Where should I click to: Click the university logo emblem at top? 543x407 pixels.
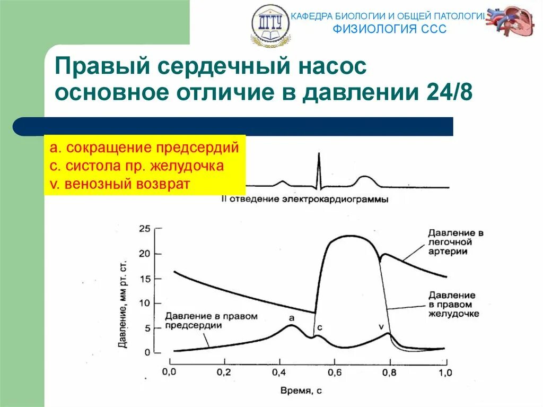point(271,25)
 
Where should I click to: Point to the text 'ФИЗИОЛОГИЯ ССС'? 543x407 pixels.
point(389,29)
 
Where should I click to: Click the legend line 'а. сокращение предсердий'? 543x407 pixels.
point(145,147)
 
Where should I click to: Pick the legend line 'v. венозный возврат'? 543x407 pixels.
point(120,184)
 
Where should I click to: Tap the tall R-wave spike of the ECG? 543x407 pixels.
point(319,170)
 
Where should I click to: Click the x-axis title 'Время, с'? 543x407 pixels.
point(302,391)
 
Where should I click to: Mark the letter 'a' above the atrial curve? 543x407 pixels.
point(291,317)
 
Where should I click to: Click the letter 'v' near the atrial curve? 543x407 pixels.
point(380,326)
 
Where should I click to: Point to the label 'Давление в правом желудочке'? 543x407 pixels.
point(454,304)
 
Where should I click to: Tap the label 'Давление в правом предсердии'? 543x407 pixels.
point(211,321)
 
